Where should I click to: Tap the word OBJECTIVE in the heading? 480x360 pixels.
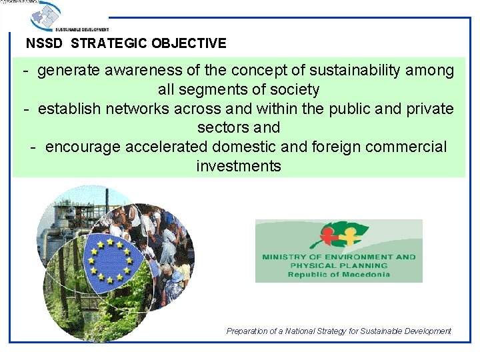coord(189,44)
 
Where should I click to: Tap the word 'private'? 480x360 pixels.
coord(427,109)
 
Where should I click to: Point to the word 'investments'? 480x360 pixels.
coord(239,166)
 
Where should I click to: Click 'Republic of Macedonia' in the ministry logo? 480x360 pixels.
coord(339,275)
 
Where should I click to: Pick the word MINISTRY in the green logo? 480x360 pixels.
coord(284,257)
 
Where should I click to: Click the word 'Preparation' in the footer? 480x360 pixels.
coord(247,331)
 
